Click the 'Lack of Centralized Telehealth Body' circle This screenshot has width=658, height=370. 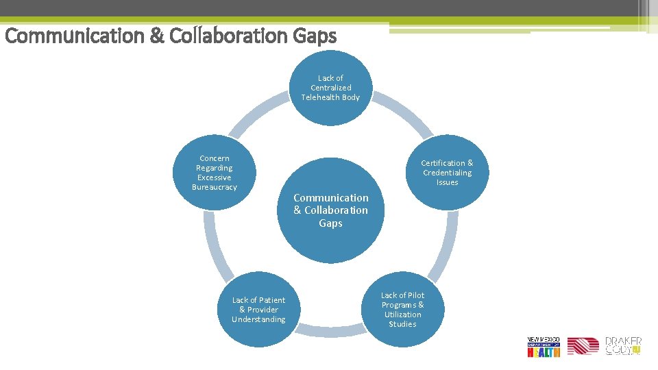point(330,88)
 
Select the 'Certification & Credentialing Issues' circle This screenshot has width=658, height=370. point(447,172)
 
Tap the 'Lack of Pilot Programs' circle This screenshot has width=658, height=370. point(402,310)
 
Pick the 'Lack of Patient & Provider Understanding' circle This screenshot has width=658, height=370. point(258,310)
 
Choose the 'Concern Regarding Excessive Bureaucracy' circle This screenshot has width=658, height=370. point(215,172)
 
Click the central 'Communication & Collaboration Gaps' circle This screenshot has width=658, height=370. point(331,210)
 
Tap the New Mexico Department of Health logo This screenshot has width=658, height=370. point(544,347)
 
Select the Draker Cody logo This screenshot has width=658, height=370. point(622,346)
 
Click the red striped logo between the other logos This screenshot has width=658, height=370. point(583,347)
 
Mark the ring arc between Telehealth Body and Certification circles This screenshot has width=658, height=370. point(409,113)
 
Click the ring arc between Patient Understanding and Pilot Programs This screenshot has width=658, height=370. point(330,332)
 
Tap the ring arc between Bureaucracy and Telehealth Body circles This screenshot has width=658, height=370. point(254,113)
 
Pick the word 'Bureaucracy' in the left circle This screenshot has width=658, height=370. point(215,187)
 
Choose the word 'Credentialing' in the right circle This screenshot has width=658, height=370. point(447,173)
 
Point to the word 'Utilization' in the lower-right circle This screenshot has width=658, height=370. point(402,314)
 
